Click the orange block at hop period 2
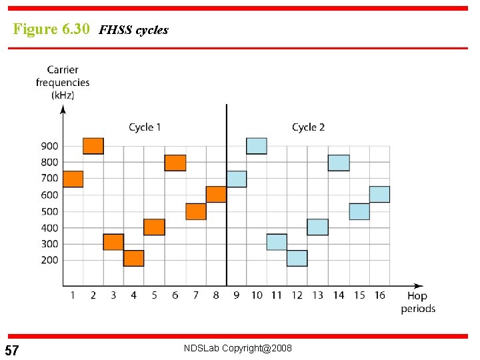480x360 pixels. point(93,146)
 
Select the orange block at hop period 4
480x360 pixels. point(134,258)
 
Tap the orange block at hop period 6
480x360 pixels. point(175,163)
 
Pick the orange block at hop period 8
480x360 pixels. point(216,194)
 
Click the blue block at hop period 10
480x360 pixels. point(257,146)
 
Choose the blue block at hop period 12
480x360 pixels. point(297,258)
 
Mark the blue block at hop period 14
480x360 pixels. point(339,163)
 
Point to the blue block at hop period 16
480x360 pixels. point(379,194)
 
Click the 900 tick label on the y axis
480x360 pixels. point(49,146)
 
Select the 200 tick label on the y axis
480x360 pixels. point(49,260)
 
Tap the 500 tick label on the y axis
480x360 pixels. point(49,211)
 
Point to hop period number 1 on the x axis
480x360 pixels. point(72,295)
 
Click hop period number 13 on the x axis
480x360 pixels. point(318,295)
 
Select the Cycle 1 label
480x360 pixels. point(145,127)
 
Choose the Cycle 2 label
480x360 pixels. point(308,127)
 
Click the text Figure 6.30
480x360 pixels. point(51,29)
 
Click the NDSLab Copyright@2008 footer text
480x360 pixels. point(238,349)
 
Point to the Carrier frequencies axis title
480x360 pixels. point(63,82)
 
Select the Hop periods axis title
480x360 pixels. point(417,302)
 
